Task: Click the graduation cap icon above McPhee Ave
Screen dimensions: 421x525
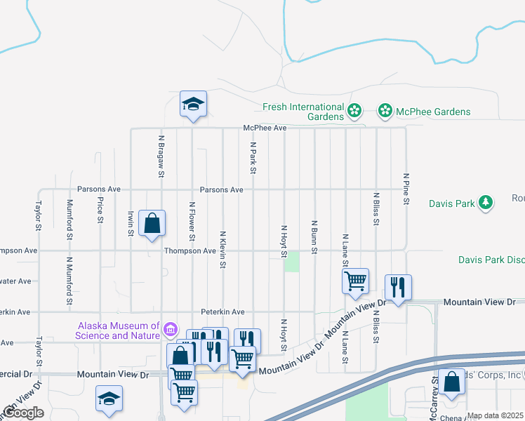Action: (x=193, y=105)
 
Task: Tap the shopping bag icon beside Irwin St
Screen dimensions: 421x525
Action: (x=152, y=224)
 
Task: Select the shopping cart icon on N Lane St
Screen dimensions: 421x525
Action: (x=356, y=281)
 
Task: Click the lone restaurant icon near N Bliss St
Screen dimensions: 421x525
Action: (x=398, y=286)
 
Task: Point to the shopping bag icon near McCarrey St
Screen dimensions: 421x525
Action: (x=451, y=382)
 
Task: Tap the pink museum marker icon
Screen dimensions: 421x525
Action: (x=169, y=328)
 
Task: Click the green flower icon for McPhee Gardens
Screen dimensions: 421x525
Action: (x=385, y=111)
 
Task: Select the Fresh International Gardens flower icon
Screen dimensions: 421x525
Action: (x=355, y=110)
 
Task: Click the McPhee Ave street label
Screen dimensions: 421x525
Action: (x=265, y=128)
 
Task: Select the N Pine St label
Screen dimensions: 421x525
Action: (x=406, y=189)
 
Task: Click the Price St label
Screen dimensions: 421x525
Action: (x=100, y=210)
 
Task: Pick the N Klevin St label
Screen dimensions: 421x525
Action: (x=222, y=250)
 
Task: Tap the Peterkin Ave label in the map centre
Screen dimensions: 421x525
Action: (x=222, y=312)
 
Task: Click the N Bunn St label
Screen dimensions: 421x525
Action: (x=314, y=236)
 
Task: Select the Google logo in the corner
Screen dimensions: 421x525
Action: (x=23, y=413)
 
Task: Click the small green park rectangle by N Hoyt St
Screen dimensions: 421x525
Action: (x=291, y=262)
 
